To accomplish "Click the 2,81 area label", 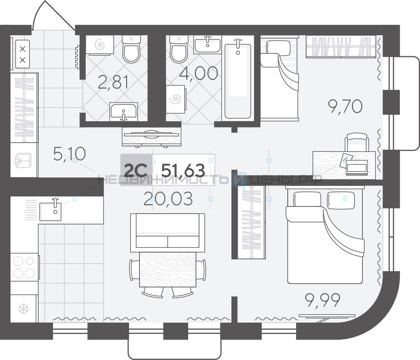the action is point(113,82).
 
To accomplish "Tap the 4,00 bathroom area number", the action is point(199,73).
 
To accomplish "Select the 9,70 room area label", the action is point(345,106).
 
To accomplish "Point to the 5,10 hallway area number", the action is point(69,154).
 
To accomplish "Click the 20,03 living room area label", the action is point(168,199).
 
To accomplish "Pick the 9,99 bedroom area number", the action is point(323,300).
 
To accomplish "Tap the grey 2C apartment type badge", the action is point(136,170).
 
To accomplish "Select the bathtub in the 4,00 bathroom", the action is point(238,80).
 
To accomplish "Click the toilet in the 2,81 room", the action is point(131,49).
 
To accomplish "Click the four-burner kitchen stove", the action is point(24,267).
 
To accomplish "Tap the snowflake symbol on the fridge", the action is point(24,309).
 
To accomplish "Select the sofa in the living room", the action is point(168,232).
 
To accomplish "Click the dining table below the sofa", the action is point(168,269).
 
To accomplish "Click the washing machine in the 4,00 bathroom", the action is point(176,99).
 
